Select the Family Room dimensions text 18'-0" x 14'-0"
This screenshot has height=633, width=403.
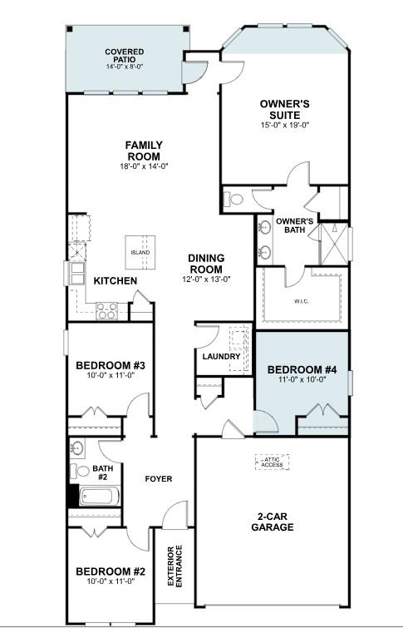click(x=144, y=166)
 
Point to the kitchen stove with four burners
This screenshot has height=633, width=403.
click(x=107, y=310)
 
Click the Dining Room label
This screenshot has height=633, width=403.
click(x=204, y=264)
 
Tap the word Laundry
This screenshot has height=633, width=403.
click(x=222, y=357)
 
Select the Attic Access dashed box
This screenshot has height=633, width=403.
click(x=272, y=463)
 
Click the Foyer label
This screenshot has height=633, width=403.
click(x=158, y=479)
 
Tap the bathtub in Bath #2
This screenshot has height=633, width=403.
click(x=98, y=498)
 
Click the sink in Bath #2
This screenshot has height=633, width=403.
click(x=78, y=449)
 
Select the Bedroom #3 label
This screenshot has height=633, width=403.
click(x=111, y=365)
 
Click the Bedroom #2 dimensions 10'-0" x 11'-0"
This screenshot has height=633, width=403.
click(x=111, y=581)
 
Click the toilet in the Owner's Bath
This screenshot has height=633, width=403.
click(x=234, y=199)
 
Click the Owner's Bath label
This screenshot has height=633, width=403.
click(x=293, y=225)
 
